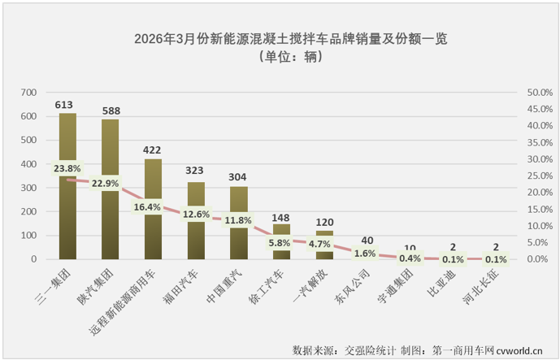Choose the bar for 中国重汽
pyautogui.click(x=238, y=240)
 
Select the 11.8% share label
pyautogui.click(x=238, y=219)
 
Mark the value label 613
pyautogui.click(x=67, y=105)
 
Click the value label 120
pyautogui.click(x=323, y=222)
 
